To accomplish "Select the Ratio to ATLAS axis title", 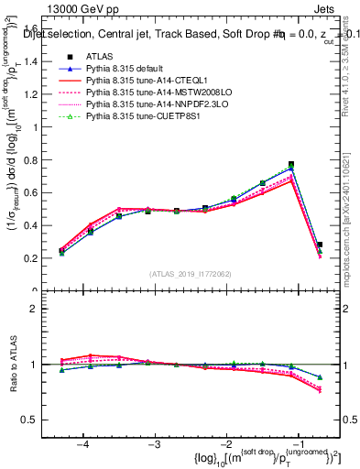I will click(13, 364).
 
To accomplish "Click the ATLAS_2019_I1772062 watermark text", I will click(191, 274).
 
